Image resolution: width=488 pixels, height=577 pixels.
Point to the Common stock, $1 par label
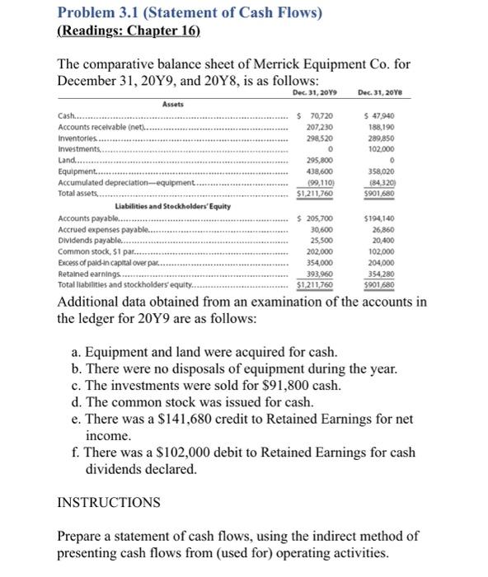pos(91,251)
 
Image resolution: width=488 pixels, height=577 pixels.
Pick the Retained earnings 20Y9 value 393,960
pos(320,273)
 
